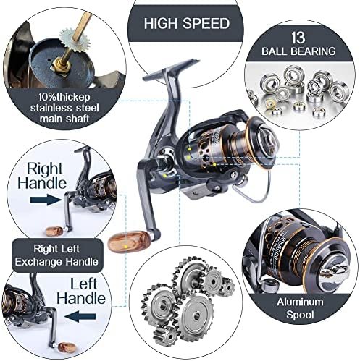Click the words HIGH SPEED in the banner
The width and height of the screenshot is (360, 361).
187,24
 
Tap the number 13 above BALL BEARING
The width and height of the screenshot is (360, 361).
298,38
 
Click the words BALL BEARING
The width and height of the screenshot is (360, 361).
298,51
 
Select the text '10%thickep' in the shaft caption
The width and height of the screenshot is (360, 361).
64,97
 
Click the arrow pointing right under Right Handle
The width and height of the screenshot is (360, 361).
46,200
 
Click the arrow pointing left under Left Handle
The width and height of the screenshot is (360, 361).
80,316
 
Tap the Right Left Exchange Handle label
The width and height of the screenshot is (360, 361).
57,255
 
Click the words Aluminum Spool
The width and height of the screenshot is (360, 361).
300,308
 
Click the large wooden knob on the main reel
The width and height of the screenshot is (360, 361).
129,241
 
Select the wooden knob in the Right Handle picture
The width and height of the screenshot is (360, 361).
54,231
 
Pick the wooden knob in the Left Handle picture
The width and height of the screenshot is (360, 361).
67,347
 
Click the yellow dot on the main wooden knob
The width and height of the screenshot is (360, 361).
125,247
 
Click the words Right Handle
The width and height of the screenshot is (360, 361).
42,176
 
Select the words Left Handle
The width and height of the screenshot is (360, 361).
81,292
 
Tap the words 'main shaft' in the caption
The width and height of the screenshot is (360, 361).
64,119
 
